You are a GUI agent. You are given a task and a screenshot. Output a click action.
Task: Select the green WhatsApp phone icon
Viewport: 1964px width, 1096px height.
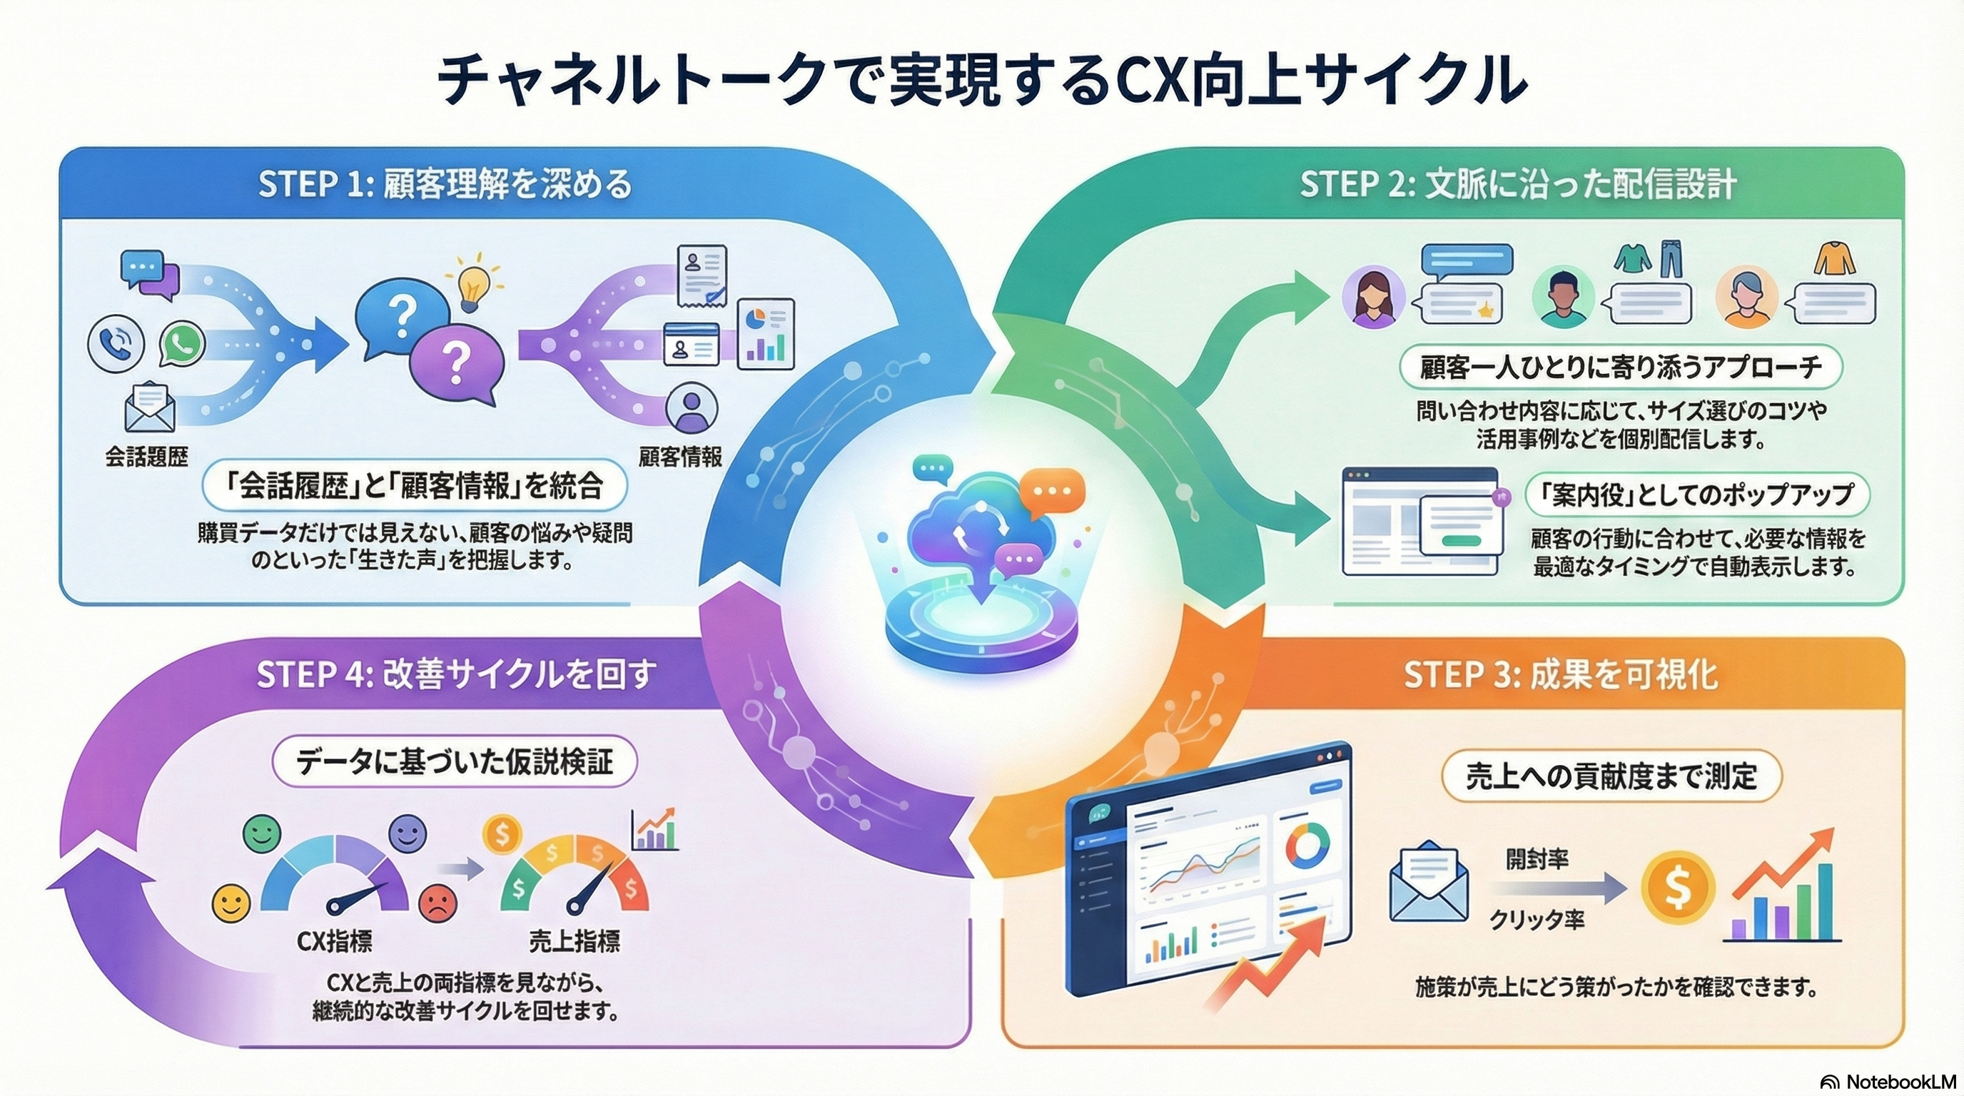(182, 345)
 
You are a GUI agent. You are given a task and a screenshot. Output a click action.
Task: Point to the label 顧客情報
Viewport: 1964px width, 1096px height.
(680, 457)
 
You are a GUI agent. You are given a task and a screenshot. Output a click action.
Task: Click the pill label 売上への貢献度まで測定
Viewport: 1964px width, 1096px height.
(1611, 776)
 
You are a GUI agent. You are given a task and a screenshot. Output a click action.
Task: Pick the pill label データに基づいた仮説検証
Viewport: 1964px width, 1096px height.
(455, 761)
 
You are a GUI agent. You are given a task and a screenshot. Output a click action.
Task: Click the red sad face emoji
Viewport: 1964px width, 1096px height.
(437, 903)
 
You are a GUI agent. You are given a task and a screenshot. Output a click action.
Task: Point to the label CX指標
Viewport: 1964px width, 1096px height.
(335, 942)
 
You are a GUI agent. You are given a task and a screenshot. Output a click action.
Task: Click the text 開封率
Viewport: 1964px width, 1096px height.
(1537, 860)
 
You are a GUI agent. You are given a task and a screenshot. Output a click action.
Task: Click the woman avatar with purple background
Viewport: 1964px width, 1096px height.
(1373, 297)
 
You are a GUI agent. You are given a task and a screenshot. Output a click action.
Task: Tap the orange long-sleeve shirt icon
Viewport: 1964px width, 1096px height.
(1833, 259)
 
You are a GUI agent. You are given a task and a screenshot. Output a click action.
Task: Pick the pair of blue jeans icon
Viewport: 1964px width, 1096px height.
(1670, 260)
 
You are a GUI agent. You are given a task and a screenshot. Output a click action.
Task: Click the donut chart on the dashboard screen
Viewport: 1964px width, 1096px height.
(1307, 846)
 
